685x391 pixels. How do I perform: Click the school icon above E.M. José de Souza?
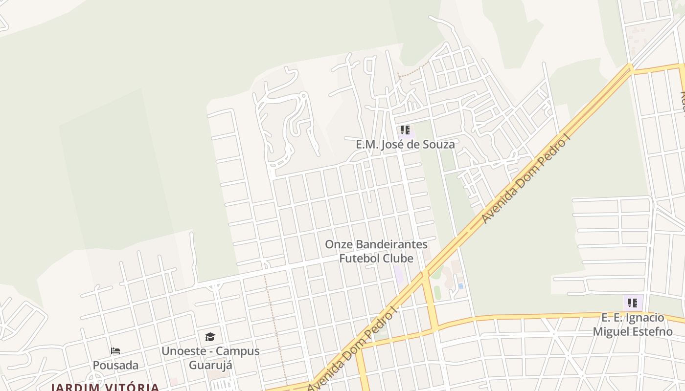405,130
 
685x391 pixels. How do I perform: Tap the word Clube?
400,258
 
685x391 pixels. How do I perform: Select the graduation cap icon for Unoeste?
210,337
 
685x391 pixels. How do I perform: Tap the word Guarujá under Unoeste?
210,365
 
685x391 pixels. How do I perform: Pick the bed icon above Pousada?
115,351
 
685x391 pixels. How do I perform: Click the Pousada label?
115,365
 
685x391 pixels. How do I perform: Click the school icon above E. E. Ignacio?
633,303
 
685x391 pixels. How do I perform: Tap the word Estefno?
653,331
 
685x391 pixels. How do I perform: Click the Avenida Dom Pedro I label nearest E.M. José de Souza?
526,180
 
